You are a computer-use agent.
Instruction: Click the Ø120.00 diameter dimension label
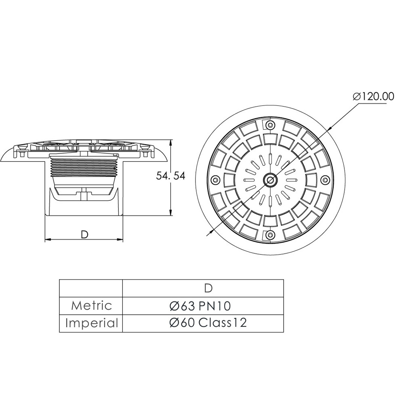pos(373,97)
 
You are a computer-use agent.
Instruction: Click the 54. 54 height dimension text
pos(170,176)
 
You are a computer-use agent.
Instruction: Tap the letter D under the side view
pos(84,234)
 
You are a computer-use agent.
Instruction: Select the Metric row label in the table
pos(91,306)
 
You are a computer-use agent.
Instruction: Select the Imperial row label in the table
pos(91,323)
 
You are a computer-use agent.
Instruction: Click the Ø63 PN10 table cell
pos(200,306)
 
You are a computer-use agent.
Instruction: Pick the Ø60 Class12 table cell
pos(208,323)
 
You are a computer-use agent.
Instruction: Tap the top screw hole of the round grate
pos(270,125)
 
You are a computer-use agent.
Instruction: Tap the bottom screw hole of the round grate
pos(270,234)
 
